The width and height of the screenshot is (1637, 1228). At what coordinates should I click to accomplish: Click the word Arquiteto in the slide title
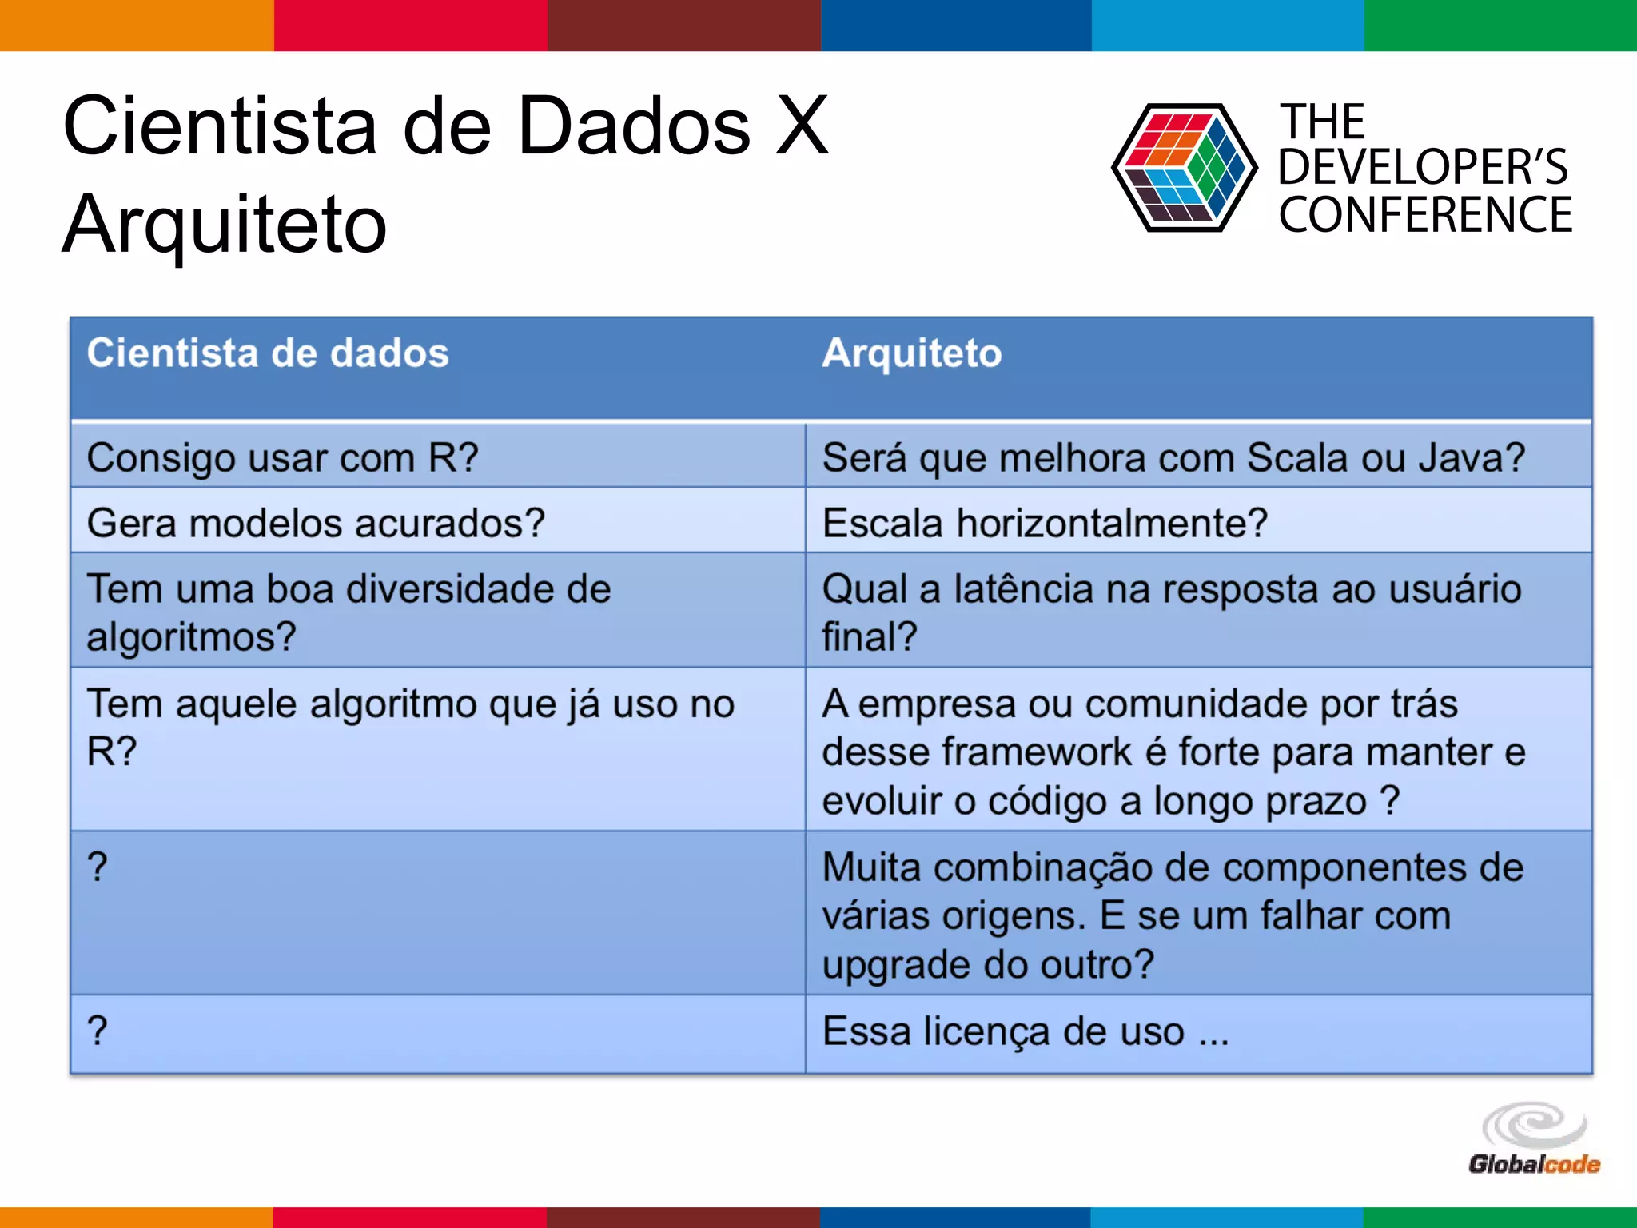[x=225, y=226]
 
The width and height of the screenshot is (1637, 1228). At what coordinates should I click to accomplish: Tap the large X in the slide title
[x=803, y=126]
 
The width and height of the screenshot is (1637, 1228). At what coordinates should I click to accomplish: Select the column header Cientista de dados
[x=268, y=353]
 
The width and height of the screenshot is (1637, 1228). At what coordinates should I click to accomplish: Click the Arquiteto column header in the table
[x=912, y=353]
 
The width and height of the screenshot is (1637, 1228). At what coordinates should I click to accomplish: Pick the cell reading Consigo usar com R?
[x=282, y=459]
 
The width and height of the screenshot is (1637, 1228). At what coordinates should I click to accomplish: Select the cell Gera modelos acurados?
[x=316, y=524]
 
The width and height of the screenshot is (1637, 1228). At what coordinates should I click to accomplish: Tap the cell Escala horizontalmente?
[x=1045, y=524]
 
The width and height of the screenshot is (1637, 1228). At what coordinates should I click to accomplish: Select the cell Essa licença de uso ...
[x=1026, y=1031]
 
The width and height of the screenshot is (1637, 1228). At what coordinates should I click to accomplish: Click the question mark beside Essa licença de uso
[x=98, y=1031]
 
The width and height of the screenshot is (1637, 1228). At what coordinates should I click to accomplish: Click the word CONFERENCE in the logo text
[x=1425, y=215]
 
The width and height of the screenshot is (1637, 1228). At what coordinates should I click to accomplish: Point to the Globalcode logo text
[x=1534, y=1165]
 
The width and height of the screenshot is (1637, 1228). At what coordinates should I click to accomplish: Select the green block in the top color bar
[x=1500, y=25]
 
